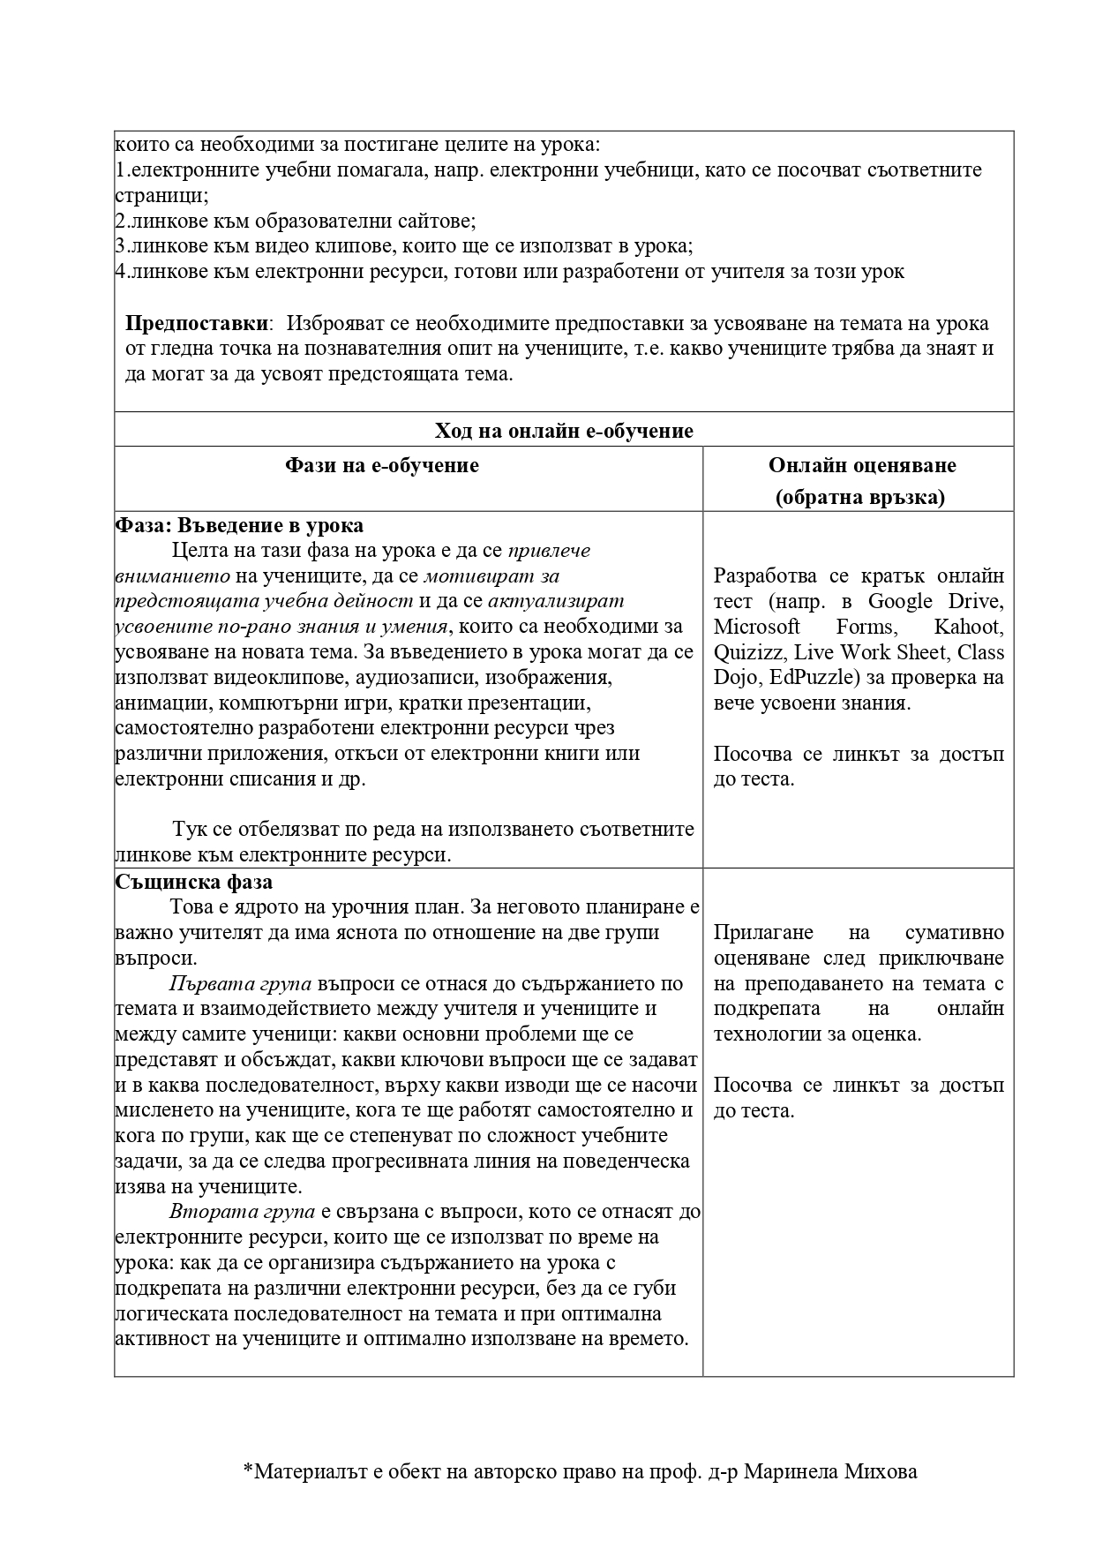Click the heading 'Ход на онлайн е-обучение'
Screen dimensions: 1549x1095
pyautogui.click(x=563, y=431)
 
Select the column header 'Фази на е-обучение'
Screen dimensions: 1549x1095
pyautogui.click(x=381, y=465)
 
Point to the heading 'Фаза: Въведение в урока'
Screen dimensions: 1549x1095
pyautogui.click(x=239, y=525)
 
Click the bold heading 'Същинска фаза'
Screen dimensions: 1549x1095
pyautogui.click(x=194, y=882)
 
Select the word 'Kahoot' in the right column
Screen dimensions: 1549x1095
pyautogui.click(x=968, y=627)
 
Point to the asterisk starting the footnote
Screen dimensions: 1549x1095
pyautogui.click(x=247, y=1470)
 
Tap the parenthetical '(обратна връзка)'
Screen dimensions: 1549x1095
pyautogui.click(x=859, y=498)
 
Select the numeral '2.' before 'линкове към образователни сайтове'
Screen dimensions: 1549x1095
pyautogui.click(x=122, y=221)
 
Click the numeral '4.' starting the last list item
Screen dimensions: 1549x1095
pyautogui.click(x=122, y=272)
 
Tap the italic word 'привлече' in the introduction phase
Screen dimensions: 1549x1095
pyautogui.click(x=549, y=551)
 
